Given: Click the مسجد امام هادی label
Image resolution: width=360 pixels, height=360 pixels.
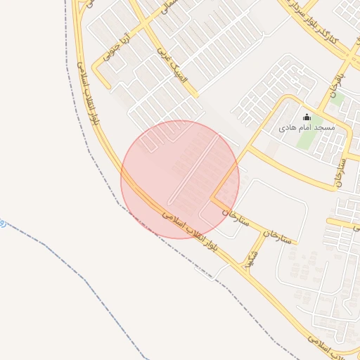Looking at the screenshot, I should coord(307,127).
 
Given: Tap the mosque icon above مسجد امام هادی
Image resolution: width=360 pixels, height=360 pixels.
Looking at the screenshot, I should coord(307,117).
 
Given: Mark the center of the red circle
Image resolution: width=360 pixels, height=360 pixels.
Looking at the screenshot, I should coord(180,180).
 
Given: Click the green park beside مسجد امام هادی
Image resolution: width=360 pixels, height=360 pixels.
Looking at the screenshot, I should coord(307,139).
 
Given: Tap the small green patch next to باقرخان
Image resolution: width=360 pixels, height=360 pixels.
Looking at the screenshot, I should coord(337,98).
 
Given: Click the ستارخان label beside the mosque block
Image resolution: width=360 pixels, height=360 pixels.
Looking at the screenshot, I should coord(341,169).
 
